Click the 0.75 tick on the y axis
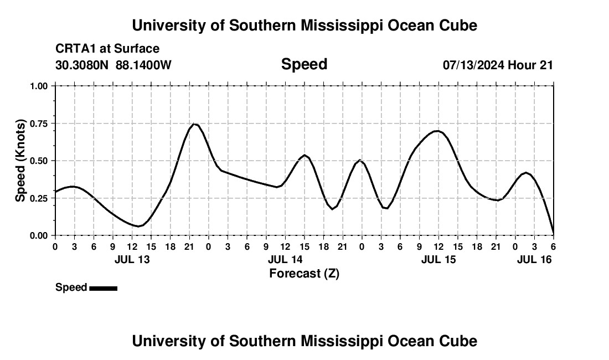tap(41, 124)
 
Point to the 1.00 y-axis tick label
tap(41, 86)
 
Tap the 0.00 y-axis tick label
tap(41, 235)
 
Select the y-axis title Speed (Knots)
tap(20, 161)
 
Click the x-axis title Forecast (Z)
tap(304, 273)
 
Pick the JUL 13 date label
tap(132, 259)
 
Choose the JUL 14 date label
tap(285, 259)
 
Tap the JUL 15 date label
tap(438, 259)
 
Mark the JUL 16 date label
tap(534, 259)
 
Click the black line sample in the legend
tap(103, 288)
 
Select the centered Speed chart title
tap(304, 64)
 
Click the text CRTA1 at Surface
tap(107, 49)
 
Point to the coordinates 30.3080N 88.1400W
tap(113, 65)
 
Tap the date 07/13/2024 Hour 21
tap(498, 65)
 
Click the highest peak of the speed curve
tap(194, 124)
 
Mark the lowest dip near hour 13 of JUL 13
tap(138, 226)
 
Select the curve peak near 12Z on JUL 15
tap(438, 131)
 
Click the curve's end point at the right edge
tap(553, 234)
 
